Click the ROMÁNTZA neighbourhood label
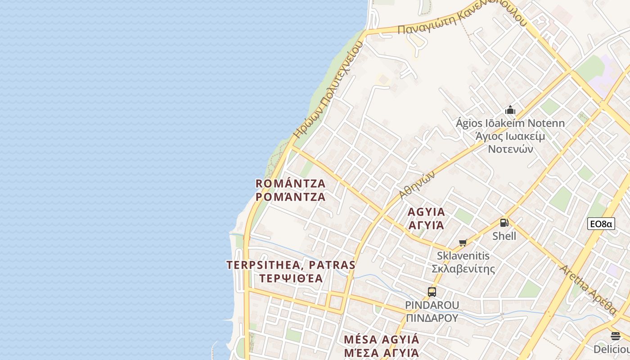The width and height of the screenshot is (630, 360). pyautogui.click(x=290, y=184)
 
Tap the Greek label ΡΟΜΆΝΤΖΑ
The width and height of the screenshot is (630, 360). pyautogui.click(x=290, y=197)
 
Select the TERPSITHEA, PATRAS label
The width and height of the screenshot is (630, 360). pyautogui.click(x=291, y=265)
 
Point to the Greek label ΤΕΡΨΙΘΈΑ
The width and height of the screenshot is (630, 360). pyautogui.click(x=291, y=278)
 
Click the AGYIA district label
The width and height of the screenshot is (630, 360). pyautogui.click(x=426, y=212)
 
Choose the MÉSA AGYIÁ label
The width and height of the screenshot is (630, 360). pyautogui.click(x=381, y=339)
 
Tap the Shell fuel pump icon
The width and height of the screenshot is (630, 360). pyautogui.click(x=504, y=222)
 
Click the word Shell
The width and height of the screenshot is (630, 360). pyautogui.click(x=504, y=236)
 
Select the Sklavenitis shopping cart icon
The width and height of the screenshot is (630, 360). pyautogui.click(x=463, y=243)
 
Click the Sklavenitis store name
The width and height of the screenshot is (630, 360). pyautogui.click(x=463, y=256)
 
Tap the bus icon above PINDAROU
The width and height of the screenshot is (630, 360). pyautogui.click(x=432, y=292)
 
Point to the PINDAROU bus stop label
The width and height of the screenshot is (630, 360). pyautogui.click(x=432, y=305)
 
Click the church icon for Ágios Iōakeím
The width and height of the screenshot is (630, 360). pyautogui.click(x=510, y=110)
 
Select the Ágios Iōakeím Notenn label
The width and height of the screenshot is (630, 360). pyautogui.click(x=510, y=123)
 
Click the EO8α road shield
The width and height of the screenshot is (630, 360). pyautogui.click(x=601, y=224)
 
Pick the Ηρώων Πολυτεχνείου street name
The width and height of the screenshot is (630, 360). pyautogui.click(x=328, y=90)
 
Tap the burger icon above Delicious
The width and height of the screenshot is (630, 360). pyautogui.click(x=616, y=336)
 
